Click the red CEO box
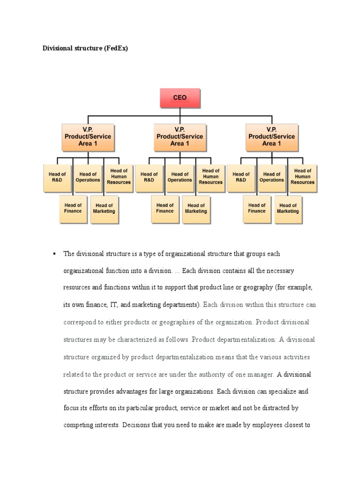click(180, 98)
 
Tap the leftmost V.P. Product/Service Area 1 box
click(88, 136)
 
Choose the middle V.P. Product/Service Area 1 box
click(180, 136)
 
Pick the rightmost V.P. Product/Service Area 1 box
click(272, 136)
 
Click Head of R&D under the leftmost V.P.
click(57, 177)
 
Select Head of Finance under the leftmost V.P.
click(73, 208)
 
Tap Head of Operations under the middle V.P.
click(180, 177)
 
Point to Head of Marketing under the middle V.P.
click(196, 208)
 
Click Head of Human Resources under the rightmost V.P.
click(302, 177)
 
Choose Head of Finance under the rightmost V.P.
click(256, 208)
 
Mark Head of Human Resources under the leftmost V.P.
click(119, 177)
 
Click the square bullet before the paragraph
click(54, 253)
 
